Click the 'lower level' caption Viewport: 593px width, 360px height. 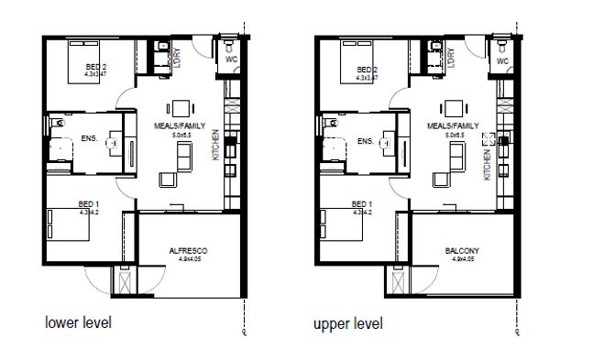tap(79, 323)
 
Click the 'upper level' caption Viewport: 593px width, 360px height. tap(348, 323)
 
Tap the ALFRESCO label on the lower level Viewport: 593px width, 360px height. tap(188, 250)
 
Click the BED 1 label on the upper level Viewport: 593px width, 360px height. tap(363, 203)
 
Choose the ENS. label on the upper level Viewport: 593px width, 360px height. tap(365, 141)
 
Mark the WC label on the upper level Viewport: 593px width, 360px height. tap(502, 61)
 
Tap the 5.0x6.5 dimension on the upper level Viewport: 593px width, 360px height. tap(455, 135)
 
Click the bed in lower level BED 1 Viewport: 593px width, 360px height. tap(70, 222)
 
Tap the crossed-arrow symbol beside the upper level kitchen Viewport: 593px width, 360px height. tap(489, 139)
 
